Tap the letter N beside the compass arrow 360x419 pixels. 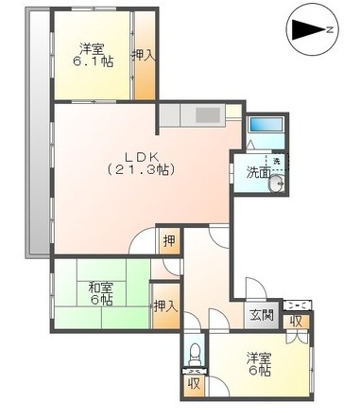330,30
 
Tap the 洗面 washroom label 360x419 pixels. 257,172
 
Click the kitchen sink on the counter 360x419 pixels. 208,118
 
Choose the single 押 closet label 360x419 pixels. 167,239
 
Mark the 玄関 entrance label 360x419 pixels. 261,314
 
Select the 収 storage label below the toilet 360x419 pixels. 193,384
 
